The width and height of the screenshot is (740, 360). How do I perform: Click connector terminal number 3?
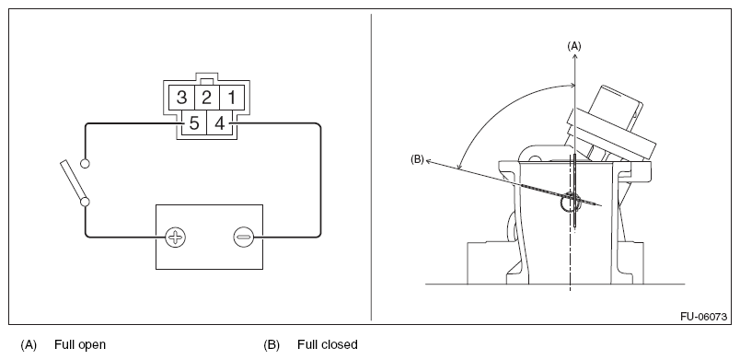pos(181,98)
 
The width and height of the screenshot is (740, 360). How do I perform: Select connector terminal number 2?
pos(207,98)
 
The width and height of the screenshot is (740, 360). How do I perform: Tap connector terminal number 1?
pos(232,98)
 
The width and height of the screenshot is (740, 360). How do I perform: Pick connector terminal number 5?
pos(194,123)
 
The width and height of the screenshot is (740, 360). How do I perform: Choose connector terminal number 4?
pos(219,123)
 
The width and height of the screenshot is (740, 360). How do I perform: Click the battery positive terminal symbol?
pos(176,237)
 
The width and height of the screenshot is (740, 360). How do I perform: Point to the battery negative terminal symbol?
pos(244,237)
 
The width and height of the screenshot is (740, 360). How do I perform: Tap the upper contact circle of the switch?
pos(85,163)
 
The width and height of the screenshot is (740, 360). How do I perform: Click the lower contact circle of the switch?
pos(85,202)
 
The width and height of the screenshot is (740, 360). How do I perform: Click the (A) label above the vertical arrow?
pos(574,46)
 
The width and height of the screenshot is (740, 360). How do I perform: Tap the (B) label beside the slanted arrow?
pos(417,159)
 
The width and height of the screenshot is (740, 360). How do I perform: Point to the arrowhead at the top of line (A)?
pos(575,55)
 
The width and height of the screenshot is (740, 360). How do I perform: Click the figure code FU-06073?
pos(703,317)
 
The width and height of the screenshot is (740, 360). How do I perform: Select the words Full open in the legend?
pos(80,345)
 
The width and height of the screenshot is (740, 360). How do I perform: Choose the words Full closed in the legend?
pos(328,345)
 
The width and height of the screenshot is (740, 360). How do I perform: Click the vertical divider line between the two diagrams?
pos(371,167)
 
